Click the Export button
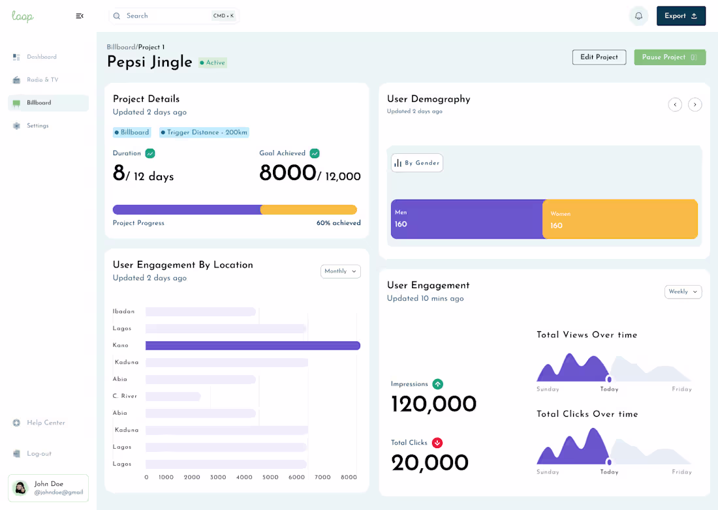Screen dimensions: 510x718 (681, 16)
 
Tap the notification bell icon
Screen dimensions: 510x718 (638, 16)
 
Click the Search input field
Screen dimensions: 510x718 (166, 16)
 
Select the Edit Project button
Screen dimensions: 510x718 (599, 57)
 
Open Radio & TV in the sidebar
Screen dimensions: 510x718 (42, 80)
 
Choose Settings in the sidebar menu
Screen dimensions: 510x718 (37, 126)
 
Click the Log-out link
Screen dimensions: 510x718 (39, 454)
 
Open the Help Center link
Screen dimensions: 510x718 (46, 423)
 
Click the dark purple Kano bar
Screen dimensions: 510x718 (253, 346)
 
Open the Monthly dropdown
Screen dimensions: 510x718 (340, 271)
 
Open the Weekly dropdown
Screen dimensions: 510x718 (683, 292)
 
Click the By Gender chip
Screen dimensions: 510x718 (417, 163)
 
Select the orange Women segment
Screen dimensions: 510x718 (619, 220)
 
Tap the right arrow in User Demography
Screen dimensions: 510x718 (695, 104)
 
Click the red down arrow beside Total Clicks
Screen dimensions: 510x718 (437, 443)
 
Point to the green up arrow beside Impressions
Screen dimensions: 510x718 (437, 384)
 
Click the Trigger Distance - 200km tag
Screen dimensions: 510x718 (204, 132)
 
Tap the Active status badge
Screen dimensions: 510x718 (213, 63)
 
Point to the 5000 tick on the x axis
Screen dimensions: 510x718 (270, 477)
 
